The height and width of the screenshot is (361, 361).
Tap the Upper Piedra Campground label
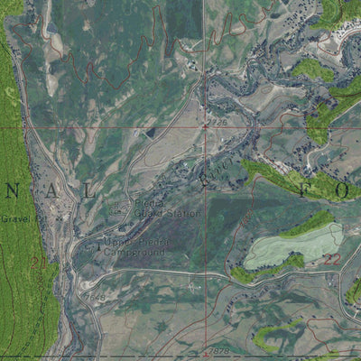click(134, 249)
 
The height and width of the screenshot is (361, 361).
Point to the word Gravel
click(16, 219)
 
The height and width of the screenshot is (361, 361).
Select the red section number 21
click(37, 263)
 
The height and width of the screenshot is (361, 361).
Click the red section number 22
click(331, 259)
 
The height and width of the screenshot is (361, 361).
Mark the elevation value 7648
click(95, 295)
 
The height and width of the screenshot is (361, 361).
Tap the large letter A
click(66, 192)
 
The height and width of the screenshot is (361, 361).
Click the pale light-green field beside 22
click(293, 246)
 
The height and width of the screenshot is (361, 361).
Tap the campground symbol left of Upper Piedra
click(98, 245)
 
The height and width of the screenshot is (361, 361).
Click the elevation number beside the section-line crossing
click(218, 120)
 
